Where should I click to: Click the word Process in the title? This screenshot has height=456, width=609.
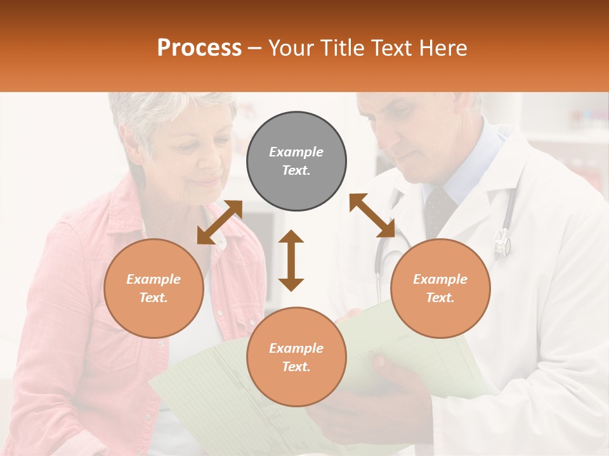199,48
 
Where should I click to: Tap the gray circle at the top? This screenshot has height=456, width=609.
296,161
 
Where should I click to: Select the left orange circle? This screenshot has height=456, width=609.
154,288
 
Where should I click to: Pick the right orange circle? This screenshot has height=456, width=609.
440,288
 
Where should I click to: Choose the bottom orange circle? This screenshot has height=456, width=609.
296,357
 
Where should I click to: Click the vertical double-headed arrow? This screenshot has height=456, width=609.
291,260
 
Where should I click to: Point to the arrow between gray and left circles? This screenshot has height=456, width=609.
219,222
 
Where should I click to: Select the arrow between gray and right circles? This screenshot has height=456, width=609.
372,215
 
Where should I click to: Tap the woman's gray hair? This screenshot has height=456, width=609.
152,111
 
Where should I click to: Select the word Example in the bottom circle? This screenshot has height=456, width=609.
296,348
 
